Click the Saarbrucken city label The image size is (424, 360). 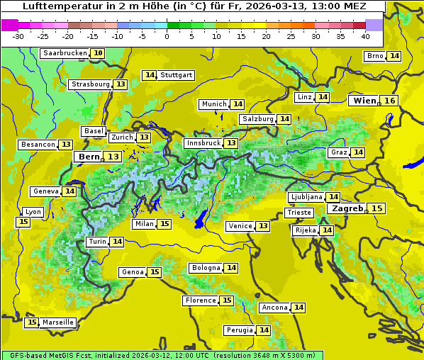point(65,53)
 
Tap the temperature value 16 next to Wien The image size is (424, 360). point(389,101)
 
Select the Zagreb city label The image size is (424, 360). point(347,208)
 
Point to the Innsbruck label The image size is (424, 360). point(203,143)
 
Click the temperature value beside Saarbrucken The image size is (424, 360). point(98,53)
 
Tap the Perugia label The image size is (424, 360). point(240,330)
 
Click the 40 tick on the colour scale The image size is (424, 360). point(365,36)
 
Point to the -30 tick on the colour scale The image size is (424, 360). point(18,36)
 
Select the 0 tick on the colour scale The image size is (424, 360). point(167,36)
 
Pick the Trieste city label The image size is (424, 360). point(299,213)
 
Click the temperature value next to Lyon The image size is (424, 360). point(23,222)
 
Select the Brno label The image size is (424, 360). point(374,56)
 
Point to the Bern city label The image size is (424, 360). point(89,157)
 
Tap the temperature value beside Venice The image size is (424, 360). point(263,226)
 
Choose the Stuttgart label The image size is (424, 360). point(177,75)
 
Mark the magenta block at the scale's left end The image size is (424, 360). point(9,25)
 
